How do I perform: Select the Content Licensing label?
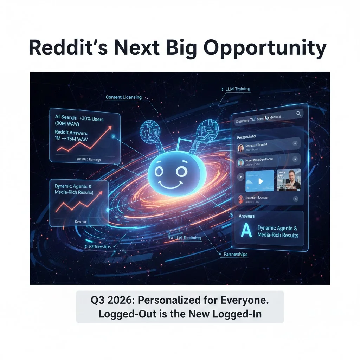click(x=123, y=97)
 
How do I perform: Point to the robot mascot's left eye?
click(x=159, y=172)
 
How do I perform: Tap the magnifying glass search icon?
click(x=298, y=113)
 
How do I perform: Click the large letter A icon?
click(x=246, y=231)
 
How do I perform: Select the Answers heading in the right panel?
click(x=246, y=216)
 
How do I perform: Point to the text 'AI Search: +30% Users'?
click(x=79, y=119)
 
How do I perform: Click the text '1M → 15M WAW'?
click(x=71, y=139)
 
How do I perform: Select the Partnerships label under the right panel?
click(x=236, y=254)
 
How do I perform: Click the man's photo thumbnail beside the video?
click(x=289, y=180)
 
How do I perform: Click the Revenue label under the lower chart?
click(x=81, y=221)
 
